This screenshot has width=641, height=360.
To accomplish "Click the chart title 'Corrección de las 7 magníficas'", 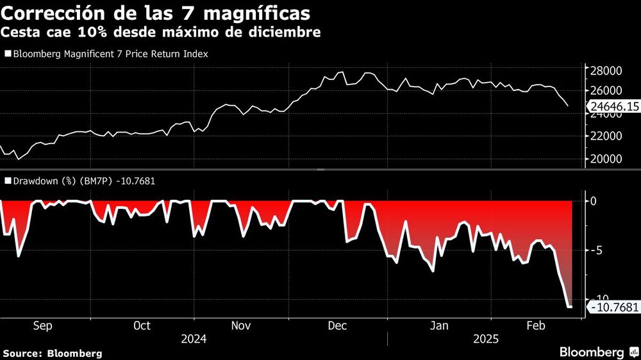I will coord(158,13).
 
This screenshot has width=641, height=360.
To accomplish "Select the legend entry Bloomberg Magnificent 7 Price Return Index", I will coord(110,54).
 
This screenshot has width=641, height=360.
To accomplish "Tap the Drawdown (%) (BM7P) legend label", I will coord(82,181).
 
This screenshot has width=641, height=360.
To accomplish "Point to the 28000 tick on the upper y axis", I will coord(605,70).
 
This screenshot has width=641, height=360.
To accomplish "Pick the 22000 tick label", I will coord(605,136).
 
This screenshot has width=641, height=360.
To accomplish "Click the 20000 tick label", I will coord(605,159).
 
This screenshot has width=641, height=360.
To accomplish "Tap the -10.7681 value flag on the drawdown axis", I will coord(613,308).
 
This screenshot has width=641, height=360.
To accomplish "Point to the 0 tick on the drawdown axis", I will coord(593,201).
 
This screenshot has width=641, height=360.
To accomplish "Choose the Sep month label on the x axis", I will coord(42,326).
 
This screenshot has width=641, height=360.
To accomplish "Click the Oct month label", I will coord(142,326).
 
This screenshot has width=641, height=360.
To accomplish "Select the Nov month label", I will coord(240,326).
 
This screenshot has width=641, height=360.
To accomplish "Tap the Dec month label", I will coord(337,326).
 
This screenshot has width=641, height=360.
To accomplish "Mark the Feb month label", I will coord(536,326).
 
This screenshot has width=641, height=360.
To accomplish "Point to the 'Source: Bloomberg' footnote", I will coord(53,353).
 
